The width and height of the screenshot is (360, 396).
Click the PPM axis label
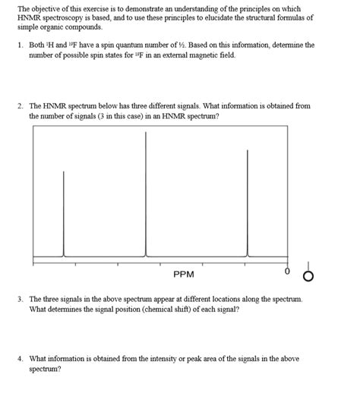(184, 274)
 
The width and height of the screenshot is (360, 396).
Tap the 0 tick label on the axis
(288, 270)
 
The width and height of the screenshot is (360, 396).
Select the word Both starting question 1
(37, 46)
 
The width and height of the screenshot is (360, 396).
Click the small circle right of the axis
(308, 274)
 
